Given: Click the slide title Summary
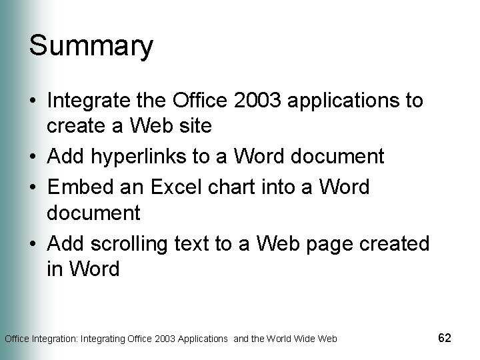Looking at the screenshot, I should click(91, 47).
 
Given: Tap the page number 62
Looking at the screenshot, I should click(445, 338).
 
